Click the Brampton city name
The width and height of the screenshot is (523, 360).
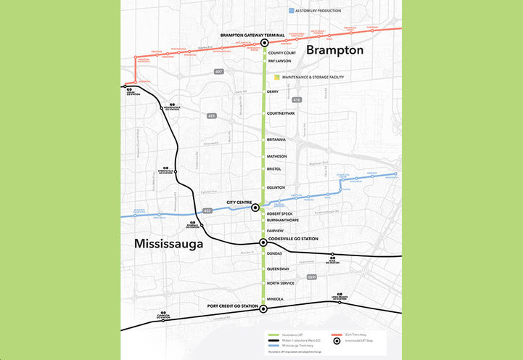(334, 50)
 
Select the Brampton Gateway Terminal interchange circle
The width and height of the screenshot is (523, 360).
(265, 43)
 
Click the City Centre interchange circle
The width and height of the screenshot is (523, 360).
(255, 208)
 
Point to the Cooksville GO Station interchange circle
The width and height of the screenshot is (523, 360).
(263, 243)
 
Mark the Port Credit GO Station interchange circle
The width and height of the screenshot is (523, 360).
(263, 309)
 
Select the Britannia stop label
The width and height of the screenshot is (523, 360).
(276, 139)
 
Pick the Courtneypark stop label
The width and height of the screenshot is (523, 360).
(281, 114)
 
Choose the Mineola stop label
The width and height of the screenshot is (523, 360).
(275, 299)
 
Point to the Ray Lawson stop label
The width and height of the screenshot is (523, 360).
(279, 61)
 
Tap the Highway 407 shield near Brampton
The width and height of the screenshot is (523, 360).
(218, 73)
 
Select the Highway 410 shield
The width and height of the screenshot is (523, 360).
(296, 99)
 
